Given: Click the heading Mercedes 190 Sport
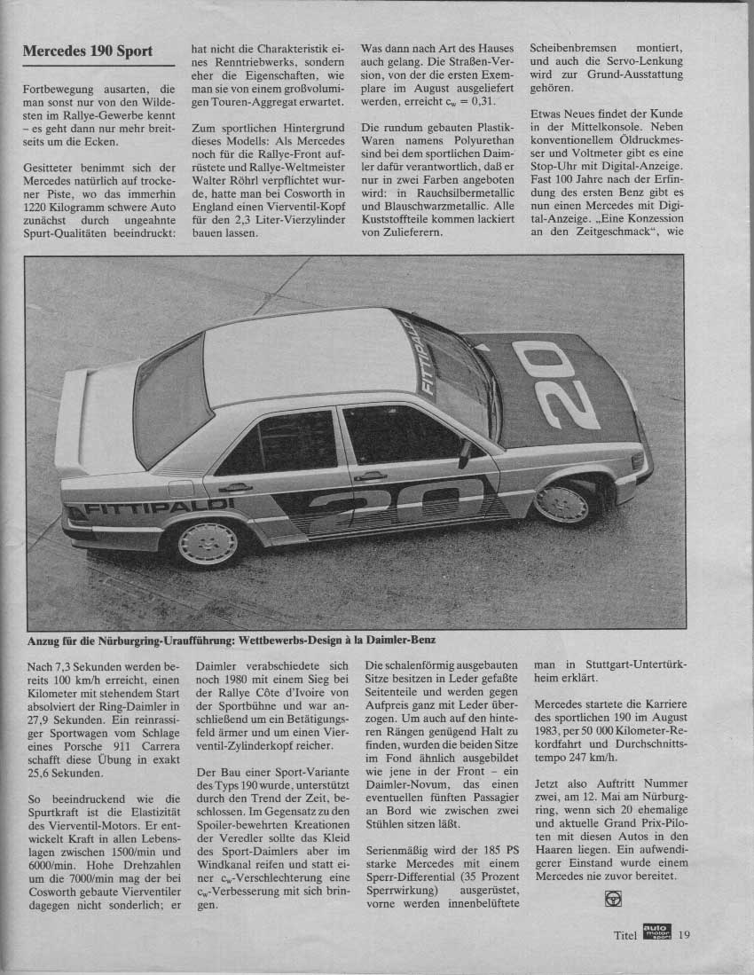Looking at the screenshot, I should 88,51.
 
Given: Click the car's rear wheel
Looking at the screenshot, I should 207,544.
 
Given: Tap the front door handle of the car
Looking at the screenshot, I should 370,476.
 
